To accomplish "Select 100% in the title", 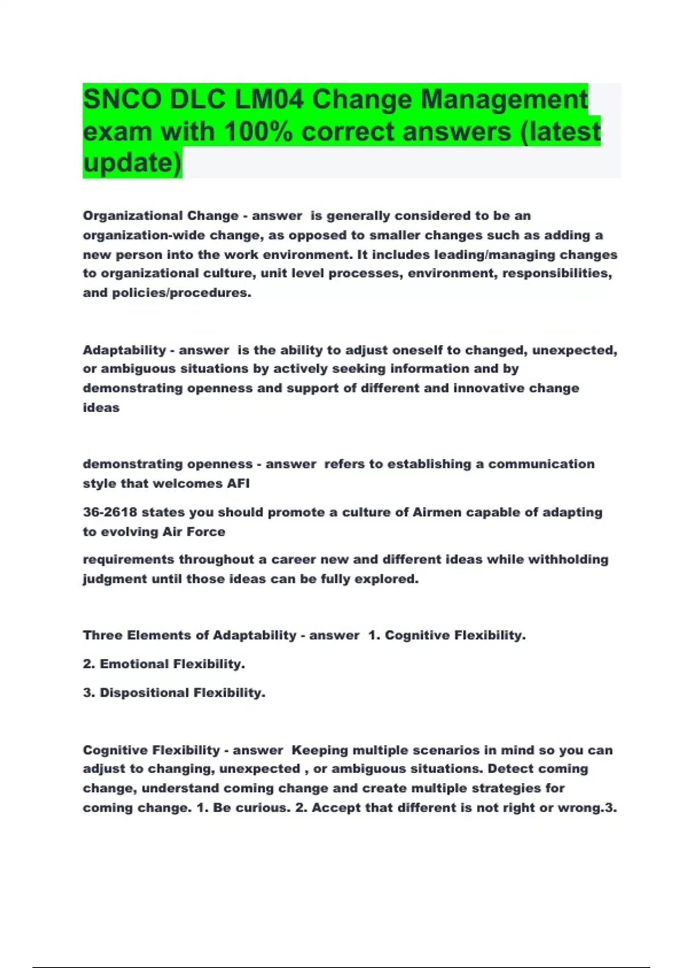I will point(258,132).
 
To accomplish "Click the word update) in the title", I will point(132,163).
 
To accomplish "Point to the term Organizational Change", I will point(161,216).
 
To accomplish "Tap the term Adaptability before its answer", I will point(124,350).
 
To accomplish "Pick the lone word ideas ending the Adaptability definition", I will point(101,408).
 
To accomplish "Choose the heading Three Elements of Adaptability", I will point(190,635).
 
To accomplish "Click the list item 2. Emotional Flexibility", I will point(164,664).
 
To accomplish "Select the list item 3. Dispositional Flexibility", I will point(174,693).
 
